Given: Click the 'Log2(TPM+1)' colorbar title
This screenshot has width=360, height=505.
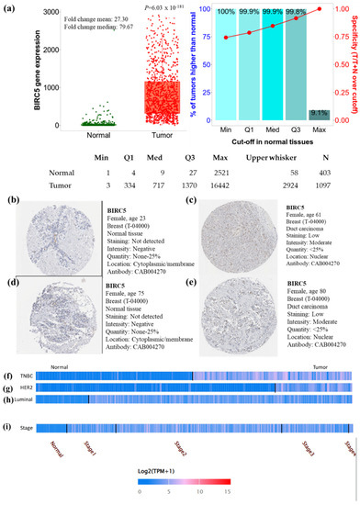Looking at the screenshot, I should tap(179, 470).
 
